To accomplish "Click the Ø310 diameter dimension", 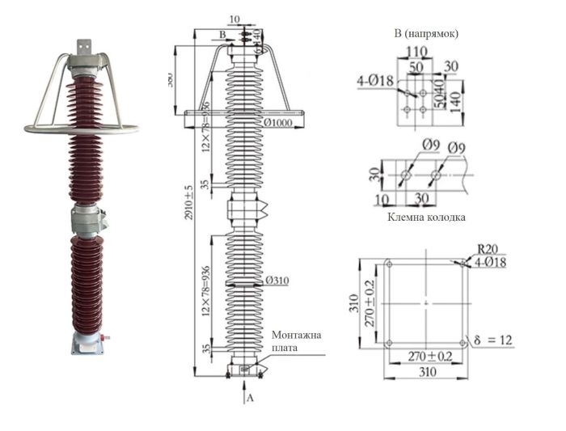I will click(277, 281).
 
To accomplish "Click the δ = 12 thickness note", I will click(493, 340).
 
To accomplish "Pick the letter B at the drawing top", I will click(222, 35).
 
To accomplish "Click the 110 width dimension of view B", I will click(418, 51).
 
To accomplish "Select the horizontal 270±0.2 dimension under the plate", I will click(425, 357).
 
